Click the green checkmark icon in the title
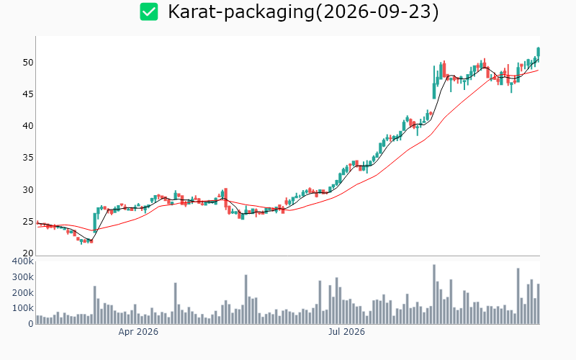pos(149,12)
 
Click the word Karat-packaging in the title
pos(241,12)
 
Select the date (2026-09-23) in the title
pos(377,12)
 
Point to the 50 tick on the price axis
pos(28,63)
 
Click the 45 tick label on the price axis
pos(28,94)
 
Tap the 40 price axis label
pos(28,126)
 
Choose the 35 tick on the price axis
pos(28,158)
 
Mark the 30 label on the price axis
pos(28,190)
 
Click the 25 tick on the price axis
pos(28,222)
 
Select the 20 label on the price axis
pos(28,253)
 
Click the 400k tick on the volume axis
pos(23,261)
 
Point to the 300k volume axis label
pos(23,277)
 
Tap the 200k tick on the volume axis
pos(23,293)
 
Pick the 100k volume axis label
pos(23,308)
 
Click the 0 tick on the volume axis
pos(31,323)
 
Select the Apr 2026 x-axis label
pos(138,332)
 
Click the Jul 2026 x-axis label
pos(346,332)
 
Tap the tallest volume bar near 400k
pos(434,294)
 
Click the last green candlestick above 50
pos(539,52)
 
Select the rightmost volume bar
pos(539,304)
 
